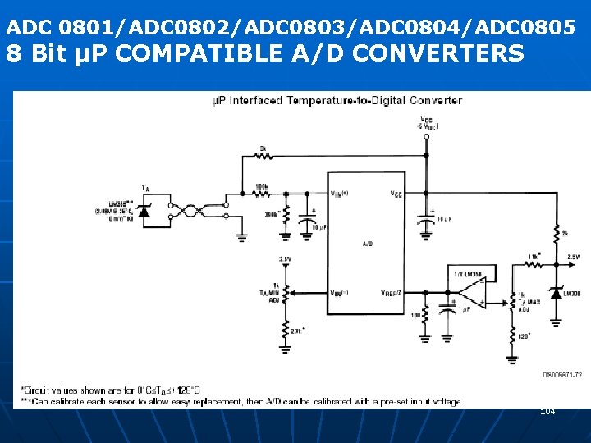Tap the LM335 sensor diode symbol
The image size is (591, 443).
[x=145, y=212]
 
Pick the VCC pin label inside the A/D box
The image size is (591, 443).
[x=395, y=194]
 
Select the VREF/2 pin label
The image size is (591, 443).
[x=392, y=292]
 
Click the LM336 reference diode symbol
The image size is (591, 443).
[x=556, y=293]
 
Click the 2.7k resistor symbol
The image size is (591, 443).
[x=285, y=332]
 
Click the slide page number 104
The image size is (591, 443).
[x=547, y=411]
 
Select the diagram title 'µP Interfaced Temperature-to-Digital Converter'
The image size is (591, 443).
[x=337, y=101]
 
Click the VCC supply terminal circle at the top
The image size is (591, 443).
[x=425, y=136]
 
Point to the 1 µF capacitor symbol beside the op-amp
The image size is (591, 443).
[x=447, y=310]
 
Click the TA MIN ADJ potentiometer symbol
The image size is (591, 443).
[x=285, y=293]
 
